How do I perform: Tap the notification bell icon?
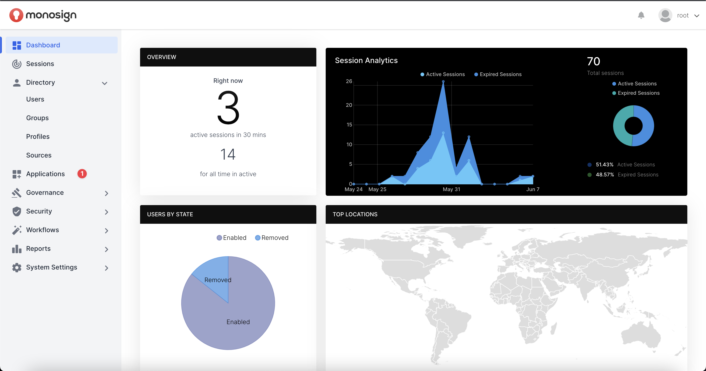coord(641,15)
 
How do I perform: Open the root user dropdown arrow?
coord(697,16)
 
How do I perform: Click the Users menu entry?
coord(35,99)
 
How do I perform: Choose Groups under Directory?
coord(37,118)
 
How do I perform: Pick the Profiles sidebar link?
coord(38,136)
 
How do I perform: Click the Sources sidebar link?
coord(39,155)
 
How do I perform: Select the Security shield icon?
coord(17,211)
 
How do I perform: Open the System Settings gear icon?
coord(17,267)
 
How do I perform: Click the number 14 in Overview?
coord(228,154)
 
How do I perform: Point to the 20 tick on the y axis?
coord(349,105)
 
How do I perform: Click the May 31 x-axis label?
coord(451,189)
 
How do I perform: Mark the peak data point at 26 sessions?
coord(443,82)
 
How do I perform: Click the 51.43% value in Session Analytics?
coord(604,165)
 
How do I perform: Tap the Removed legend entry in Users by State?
coord(271,238)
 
